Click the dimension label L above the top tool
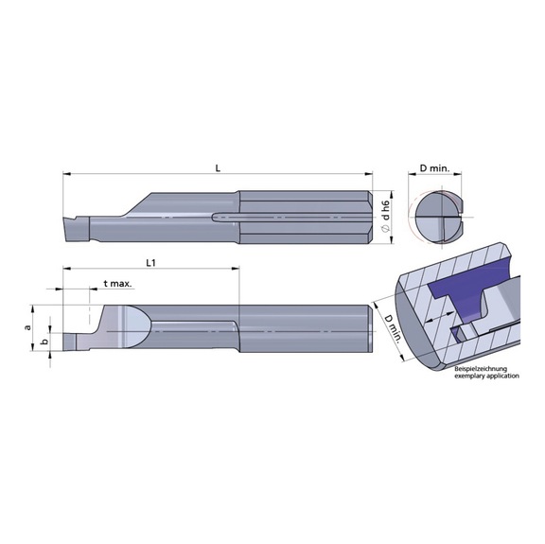pos(218,168)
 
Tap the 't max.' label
pos(116,283)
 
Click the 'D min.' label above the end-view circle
pos(438,168)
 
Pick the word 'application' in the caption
pos(502,376)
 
